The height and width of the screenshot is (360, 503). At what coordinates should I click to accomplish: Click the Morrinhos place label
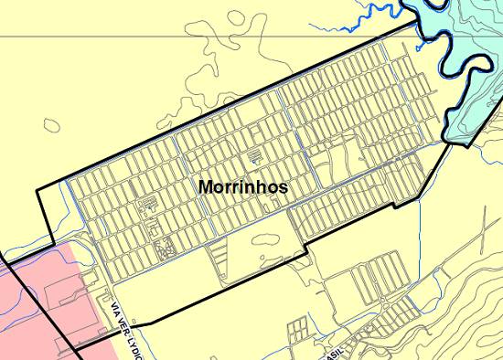point(243,186)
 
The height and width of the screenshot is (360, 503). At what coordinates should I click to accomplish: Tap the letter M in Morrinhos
point(206,186)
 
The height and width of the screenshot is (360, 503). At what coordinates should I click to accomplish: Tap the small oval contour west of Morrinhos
point(50,126)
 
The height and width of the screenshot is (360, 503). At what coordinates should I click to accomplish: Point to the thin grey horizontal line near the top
point(183,37)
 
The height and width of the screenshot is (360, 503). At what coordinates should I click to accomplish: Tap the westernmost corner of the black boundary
point(37,190)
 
